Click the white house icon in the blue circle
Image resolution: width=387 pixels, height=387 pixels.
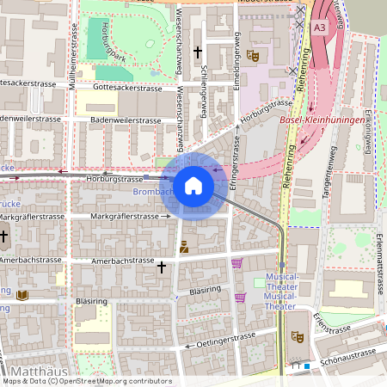(193, 186)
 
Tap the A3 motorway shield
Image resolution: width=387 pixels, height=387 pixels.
(320, 28)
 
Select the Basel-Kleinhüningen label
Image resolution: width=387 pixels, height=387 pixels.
(322, 120)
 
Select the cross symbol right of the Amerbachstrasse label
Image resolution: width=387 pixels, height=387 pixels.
(161, 267)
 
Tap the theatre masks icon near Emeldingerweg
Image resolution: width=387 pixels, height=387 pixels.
(252, 56)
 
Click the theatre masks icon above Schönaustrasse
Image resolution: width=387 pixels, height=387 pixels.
(298, 338)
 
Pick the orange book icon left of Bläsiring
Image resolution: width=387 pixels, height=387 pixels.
(21, 295)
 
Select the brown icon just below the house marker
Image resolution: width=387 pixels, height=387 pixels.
(184, 248)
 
